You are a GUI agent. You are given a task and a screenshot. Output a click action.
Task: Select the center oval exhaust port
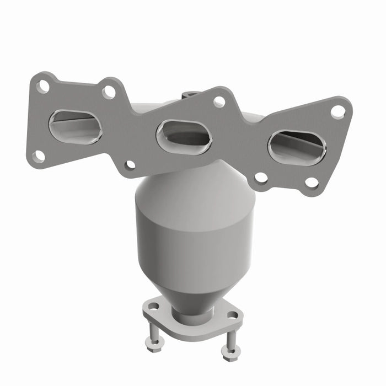pos(184,136)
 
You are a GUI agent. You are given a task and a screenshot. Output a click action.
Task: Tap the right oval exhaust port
pos(297,147)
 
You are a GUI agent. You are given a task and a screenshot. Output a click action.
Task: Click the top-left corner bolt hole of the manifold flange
pos(43,86)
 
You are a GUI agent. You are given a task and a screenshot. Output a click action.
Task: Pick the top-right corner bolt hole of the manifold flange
pos(337,111)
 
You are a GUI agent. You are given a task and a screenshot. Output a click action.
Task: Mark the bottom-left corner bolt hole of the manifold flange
pos(38,156)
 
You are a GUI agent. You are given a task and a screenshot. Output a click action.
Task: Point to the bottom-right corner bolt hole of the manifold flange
pos(312,183)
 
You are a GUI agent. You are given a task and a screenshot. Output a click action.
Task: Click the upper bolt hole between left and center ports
pos(109,92)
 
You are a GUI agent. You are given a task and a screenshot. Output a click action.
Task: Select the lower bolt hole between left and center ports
pos(130,164)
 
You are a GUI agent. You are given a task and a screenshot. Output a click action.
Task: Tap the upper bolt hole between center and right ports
pos(219,101)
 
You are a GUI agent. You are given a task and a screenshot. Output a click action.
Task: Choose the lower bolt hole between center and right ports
pos(261,178)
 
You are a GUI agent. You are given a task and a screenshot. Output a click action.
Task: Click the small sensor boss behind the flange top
pos(191,94)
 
